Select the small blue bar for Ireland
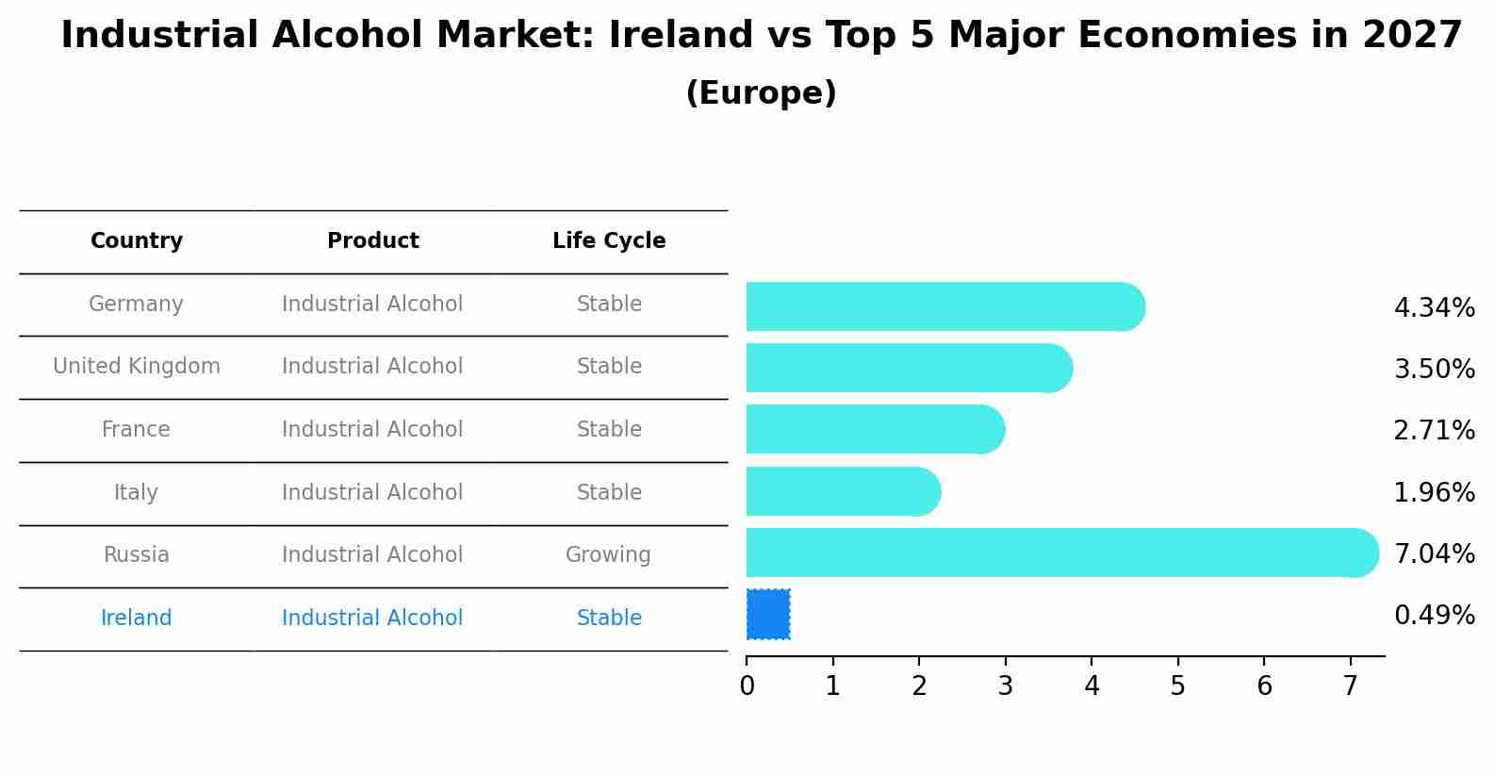[x=768, y=615]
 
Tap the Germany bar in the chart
[x=943, y=306]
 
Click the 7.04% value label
[x=1434, y=553]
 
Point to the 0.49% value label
[x=1434, y=616]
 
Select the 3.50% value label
[x=1434, y=369]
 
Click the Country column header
[x=137, y=241]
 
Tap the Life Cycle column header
[x=609, y=241]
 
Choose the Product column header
[x=373, y=241]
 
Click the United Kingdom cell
[x=137, y=367]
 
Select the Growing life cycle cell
[x=608, y=555]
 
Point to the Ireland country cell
[x=137, y=619]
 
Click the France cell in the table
[x=137, y=430]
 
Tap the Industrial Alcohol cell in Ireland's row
[x=372, y=619]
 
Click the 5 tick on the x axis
[x=1177, y=686]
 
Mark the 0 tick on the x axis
[x=747, y=686]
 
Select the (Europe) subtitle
[x=761, y=93]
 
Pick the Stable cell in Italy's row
[x=609, y=493]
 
